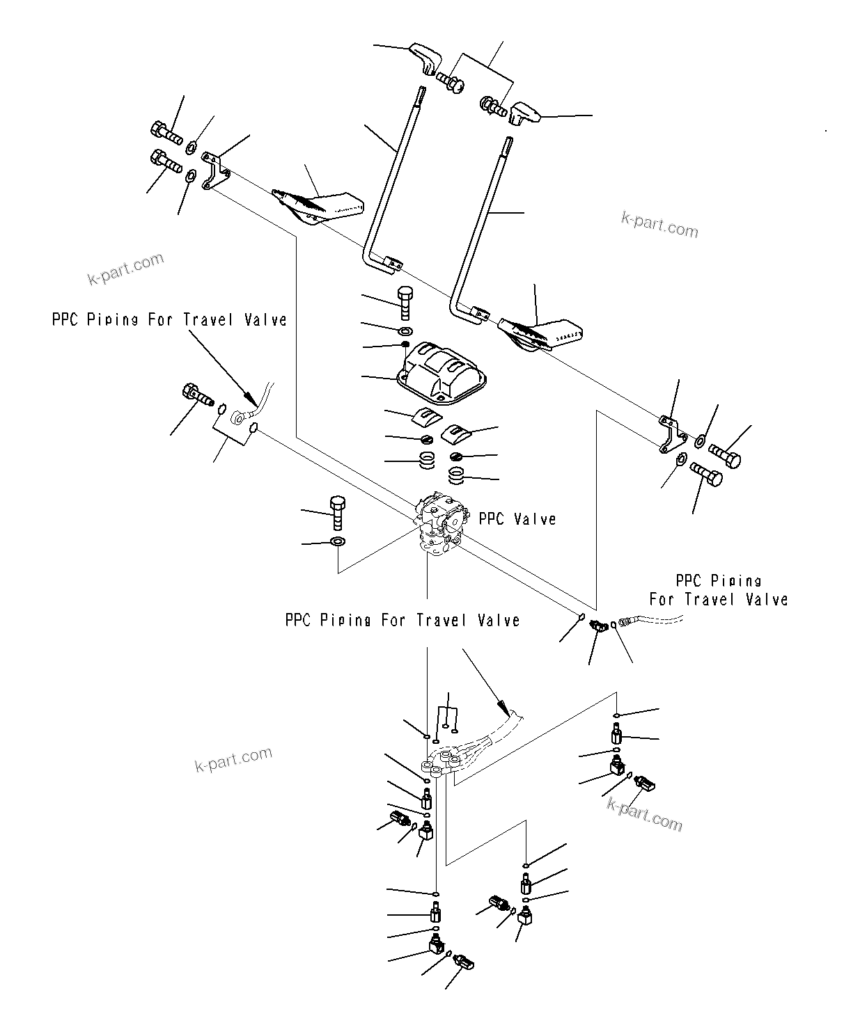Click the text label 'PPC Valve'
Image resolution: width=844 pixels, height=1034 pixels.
click(x=517, y=519)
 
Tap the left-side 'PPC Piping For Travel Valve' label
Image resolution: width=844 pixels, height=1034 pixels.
click(x=169, y=319)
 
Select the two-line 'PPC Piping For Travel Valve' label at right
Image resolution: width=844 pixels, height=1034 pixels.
click(x=718, y=590)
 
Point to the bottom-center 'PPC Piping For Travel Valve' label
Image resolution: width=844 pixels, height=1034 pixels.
click(x=403, y=620)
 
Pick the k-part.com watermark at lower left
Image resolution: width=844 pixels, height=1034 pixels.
click(x=233, y=759)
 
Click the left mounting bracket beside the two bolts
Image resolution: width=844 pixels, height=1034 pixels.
click(x=212, y=171)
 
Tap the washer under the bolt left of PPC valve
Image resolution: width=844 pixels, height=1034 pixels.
click(x=338, y=541)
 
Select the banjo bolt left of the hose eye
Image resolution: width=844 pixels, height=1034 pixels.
click(x=197, y=396)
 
